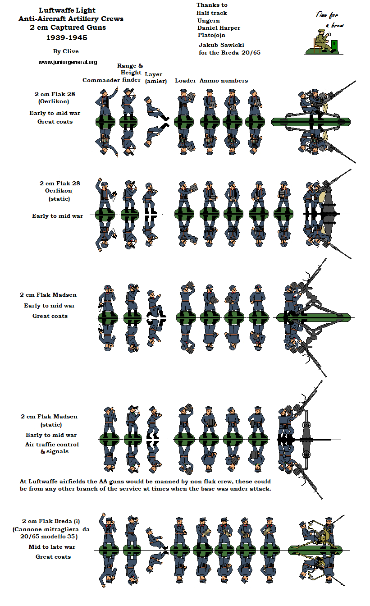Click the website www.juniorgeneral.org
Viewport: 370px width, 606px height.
[68, 62]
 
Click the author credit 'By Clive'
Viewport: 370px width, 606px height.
[65, 51]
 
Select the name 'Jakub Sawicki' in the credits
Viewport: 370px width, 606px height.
[222, 45]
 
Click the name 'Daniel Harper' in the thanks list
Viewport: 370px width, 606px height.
[219, 28]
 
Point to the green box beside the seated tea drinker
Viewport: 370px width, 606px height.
[334, 45]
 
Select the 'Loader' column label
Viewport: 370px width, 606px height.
[185, 81]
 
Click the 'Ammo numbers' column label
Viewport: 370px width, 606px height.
[224, 81]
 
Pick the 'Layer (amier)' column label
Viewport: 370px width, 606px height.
[155, 78]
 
